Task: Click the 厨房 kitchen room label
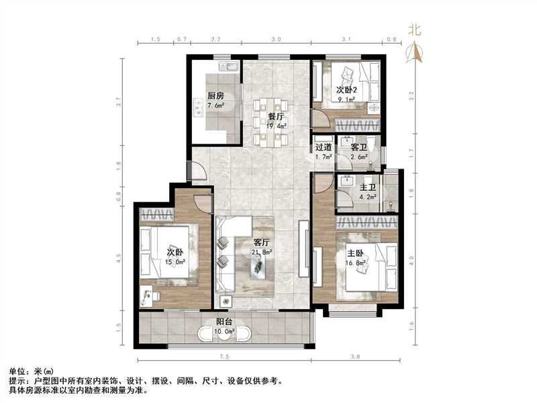click(x=215, y=96)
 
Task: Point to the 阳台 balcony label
click(x=224, y=321)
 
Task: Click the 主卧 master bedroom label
click(x=355, y=253)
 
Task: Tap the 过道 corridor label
click(x=324, y=147)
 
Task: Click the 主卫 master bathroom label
click(x=368, y=188)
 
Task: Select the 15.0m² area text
click(x=176, y=263)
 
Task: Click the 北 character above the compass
click(x=416, y=30)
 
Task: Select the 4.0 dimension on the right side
click(x=411, y=257)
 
